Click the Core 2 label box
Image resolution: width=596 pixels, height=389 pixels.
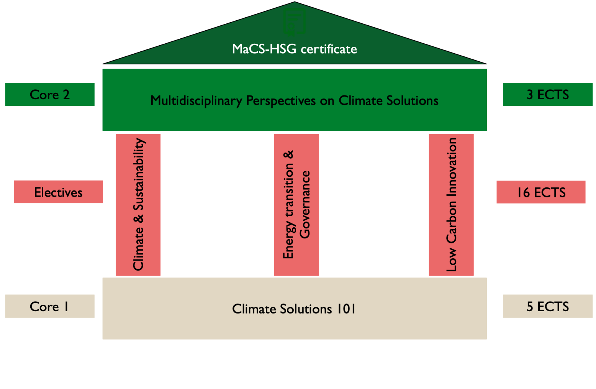coord(50,94)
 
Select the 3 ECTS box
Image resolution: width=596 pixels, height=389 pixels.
coord(547,94)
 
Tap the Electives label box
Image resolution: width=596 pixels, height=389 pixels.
coord(58,192)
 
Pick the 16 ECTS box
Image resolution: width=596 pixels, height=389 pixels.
coord(541,192)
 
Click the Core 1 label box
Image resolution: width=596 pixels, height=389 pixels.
coord(50,306)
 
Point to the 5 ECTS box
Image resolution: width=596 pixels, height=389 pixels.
coord(547,306)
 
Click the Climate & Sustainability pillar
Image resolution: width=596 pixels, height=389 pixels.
coord(138,205)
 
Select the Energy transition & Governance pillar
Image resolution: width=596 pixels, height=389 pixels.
coord(296,205)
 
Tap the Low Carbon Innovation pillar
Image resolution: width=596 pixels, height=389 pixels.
coord(451,205)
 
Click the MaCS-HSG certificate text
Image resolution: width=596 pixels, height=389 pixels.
coord(294,49)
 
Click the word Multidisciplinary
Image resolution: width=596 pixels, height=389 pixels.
coord(196,101)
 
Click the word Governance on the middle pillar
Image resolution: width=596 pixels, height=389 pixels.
coord(305,205)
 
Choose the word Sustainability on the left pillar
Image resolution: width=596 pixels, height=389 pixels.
coord(138,174)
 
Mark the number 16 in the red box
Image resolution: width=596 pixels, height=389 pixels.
coord(523,192)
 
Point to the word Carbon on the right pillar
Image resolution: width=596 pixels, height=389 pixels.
coord(452,222)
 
